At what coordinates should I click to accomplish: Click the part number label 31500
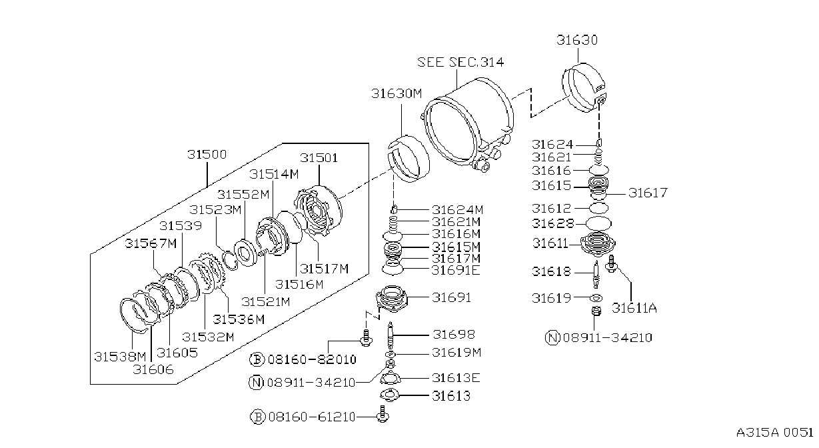coord(207,154)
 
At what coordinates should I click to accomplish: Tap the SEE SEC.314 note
coord(460,62)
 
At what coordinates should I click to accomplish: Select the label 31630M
coord(397,93)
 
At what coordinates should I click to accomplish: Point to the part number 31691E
coord(456,270)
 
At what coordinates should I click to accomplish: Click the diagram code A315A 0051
coord(774,433)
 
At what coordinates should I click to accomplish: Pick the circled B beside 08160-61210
coord(257,417)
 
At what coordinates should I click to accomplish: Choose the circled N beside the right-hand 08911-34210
coord(552,337)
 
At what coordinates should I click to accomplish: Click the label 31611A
coord(634,308)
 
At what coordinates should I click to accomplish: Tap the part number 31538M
coord(120,357)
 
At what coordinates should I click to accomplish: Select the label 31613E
coord(456,378)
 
